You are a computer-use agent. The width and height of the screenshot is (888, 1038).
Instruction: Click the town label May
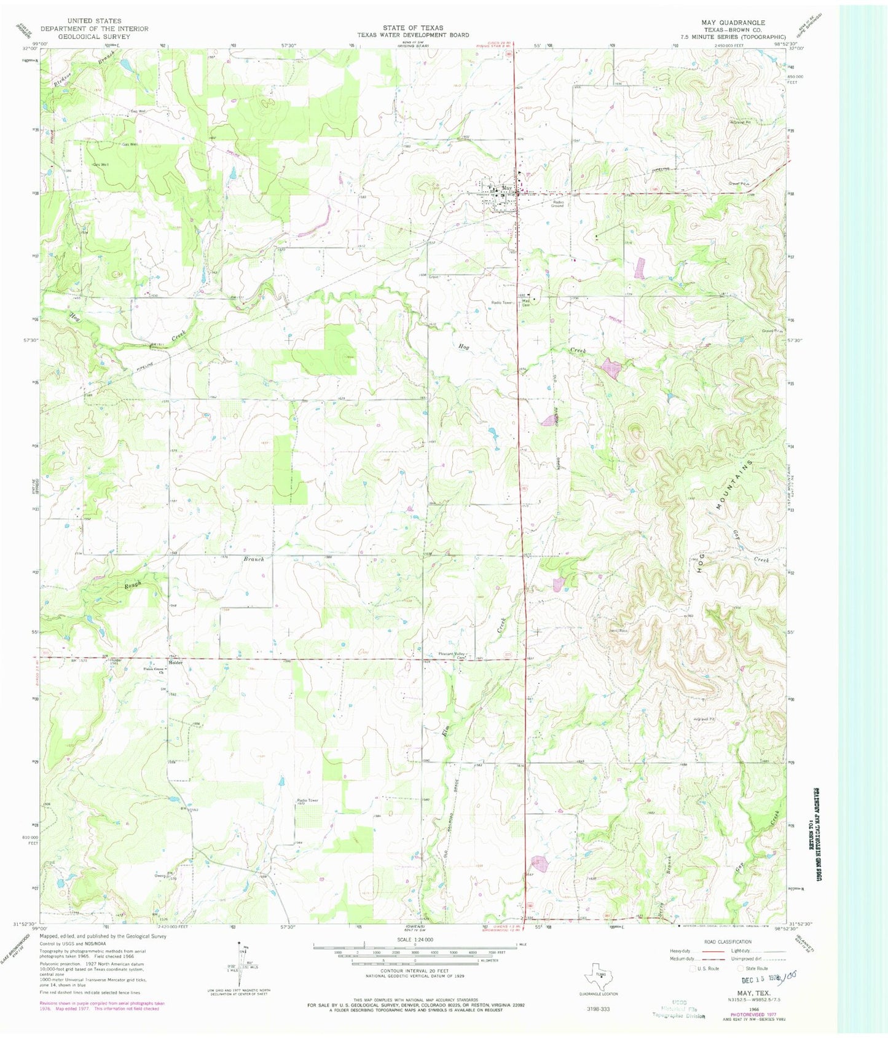tap(506, 187)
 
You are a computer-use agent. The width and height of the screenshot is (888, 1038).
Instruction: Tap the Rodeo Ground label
tap(557, 204)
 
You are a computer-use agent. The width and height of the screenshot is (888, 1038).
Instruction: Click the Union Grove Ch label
tap(155, 670)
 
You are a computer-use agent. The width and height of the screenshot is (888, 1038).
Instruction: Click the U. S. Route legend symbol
tap(693, 968)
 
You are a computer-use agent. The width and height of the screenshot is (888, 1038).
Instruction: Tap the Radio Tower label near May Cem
tap(501, 302)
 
